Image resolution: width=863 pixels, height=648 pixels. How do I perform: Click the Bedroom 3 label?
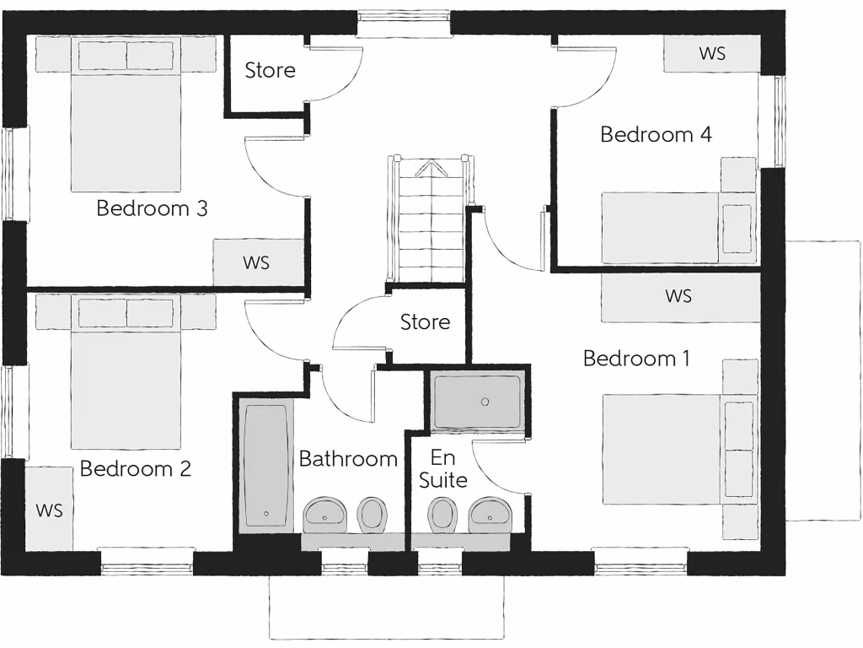pyautogui.click(x=152, y=208)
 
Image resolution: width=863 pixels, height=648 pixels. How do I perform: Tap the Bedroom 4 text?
pyautogui.click(x=656, y=134)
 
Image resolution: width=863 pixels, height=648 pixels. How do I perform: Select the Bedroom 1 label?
pyautogui.click(x=636, y=359)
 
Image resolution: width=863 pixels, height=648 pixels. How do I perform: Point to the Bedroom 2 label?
pyautogui.click(x=135, y=468)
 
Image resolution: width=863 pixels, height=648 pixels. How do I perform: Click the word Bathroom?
pyautogui.click(x=348, y=459)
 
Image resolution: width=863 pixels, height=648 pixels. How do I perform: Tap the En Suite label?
pyautogui.click(x=443, y=469)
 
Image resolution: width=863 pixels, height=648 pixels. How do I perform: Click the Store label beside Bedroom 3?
pyautogui.click(x=270, y=71)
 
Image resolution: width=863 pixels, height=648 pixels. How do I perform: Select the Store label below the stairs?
pyautogui.click(x=425, y=322)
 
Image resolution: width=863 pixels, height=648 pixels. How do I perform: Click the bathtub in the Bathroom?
pyautogui.click(x=266, y=466)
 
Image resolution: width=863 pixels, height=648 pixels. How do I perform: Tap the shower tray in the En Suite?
pyautogui.click(x=477, y=402)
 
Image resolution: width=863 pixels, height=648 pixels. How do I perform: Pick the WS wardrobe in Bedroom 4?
pyautogui.click(x=712, y=54)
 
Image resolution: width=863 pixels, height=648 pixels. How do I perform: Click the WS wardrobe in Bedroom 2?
pyautogui.click(x=49, y=510)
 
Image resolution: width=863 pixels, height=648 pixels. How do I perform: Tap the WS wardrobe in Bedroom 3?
pyautogui.click(x=257, y=262)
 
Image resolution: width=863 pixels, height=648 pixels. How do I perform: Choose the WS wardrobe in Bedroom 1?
pyautogui.click(x=679, y=297)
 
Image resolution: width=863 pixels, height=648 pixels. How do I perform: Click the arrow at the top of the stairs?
pyautogui.click(x=430, y=168)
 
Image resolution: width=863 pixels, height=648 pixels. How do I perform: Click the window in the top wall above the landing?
pyautogui.click(x=404, y=23)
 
